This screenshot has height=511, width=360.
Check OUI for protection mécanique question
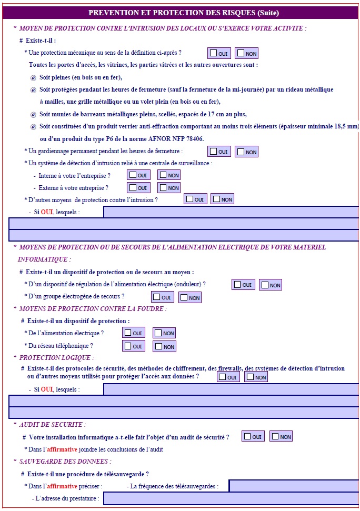(x=213, y=53)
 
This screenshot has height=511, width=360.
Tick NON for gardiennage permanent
(x=241, y=152)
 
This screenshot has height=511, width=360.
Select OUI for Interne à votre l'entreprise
(x=133, y=175)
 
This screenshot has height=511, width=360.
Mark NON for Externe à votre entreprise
(x=163, y=187)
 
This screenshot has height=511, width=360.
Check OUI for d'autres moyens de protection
(x=188, y=199)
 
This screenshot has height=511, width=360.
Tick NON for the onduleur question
(x=265, y=285)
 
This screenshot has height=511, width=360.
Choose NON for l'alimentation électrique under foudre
(x=157, y=333)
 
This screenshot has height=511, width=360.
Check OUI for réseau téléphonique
(x=127, y=346)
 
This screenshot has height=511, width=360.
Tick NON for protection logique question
(x=250, y=377)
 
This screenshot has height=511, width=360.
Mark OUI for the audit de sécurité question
(x=247, y=436)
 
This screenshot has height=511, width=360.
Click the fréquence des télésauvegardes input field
(x=294, y=486)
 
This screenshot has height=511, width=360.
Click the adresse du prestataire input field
(x=232, y=498)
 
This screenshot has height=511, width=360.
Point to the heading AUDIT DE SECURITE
(x=52, y=424)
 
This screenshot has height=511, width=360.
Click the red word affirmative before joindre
(x=62, y=449)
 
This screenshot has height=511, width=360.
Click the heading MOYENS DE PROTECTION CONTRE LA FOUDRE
(x=92, y=309)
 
